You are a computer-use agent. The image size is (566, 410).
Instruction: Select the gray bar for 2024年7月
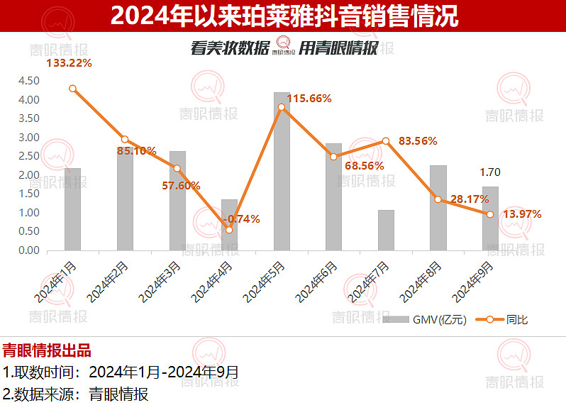coord(386,231)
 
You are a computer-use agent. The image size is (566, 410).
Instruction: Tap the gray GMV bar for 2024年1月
coord(72,209)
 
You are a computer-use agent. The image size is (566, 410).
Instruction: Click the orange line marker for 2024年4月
coord(229,230)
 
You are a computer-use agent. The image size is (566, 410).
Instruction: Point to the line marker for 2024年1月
coord(72,89)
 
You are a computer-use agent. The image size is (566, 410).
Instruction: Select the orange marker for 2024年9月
coord(490,214)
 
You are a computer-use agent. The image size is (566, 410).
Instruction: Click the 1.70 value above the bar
coord(490,171)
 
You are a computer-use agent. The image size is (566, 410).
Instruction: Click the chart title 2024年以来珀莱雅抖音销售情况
coord(284,16)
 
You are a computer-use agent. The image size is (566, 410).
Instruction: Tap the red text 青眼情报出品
coord(47,350)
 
